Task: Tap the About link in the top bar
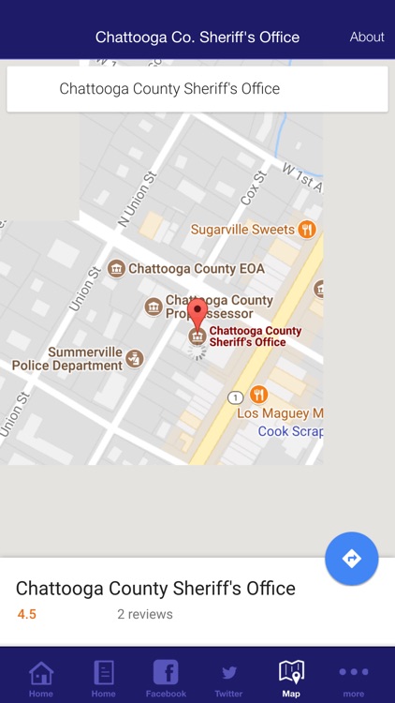pyautogui.click(x=367, y=37)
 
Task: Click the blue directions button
pyautogui.click(x=352, y=559)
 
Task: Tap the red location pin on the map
pyautogui.click(x=197, y=312)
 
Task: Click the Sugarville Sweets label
pyautogui.click(x=242, y=230)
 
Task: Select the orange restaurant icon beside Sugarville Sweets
pyautogui.click(x=306, y=230)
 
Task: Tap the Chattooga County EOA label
pyautogui.click(x=196, y=269)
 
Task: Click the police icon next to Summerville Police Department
pyautogui.click(x=136, y=358)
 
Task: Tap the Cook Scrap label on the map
pyautogui.click(x=290, y=431)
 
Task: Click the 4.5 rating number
pyautogui.click(x=27, y=615)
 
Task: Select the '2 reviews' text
pyautogui.click(x=144, y=615)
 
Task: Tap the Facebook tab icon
pyautogui.click(x=166, y=672)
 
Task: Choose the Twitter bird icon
pyautogui.click(x=228, y=672)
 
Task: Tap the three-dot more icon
pyautogui.click(x=354, y=672)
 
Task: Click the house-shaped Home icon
pyautogui.click(x=41, y=672)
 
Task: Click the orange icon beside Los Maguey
pyautogui.click(x=258, y=395)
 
